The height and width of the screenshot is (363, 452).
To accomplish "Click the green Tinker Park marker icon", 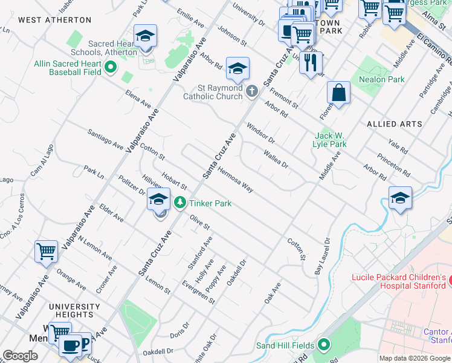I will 179,203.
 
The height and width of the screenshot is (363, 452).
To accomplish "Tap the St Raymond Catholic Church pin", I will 252,92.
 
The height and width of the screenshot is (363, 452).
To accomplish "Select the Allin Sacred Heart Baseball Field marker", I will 110,67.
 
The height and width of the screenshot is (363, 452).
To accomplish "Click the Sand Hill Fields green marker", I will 323,345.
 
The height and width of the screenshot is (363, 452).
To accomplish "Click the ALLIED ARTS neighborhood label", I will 395,124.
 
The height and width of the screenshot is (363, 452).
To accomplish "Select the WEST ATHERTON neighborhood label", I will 55,20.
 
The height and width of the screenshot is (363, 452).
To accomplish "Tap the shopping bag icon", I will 339,93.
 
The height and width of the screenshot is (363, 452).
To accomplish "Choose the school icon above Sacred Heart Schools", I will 145,37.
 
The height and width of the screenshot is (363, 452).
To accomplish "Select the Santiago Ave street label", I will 105,139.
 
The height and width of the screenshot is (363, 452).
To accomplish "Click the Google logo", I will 21,356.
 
